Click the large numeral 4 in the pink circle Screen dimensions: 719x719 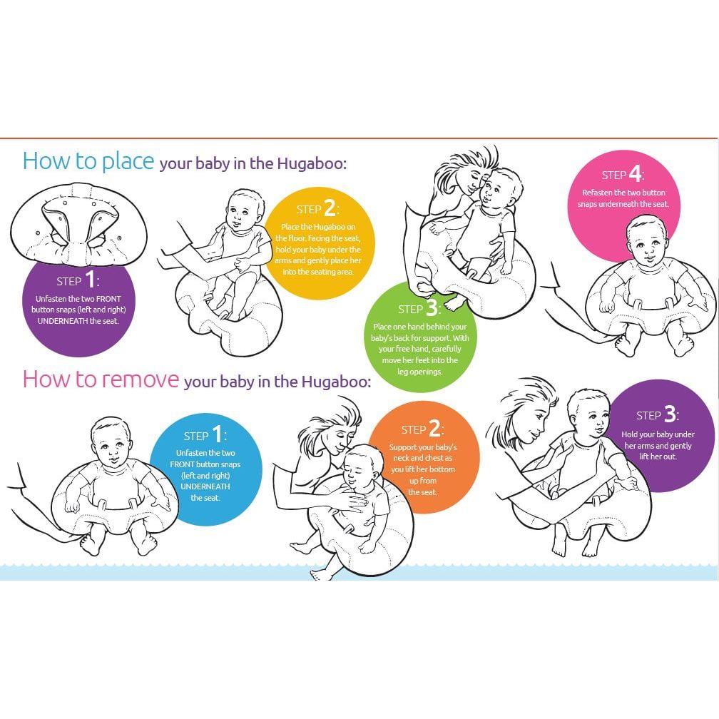(635, 174)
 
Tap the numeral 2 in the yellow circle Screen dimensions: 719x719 (330, 208)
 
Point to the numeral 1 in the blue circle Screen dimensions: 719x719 (217, 434)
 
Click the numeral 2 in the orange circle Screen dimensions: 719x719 (434, 429)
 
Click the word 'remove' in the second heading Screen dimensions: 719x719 (140, 379)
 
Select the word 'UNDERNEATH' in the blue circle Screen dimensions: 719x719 (205, 486)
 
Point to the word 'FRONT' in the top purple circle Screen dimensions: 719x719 (108, 298)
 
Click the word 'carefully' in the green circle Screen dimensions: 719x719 (447, 349)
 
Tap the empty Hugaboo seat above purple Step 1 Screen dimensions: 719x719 (79, 225)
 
